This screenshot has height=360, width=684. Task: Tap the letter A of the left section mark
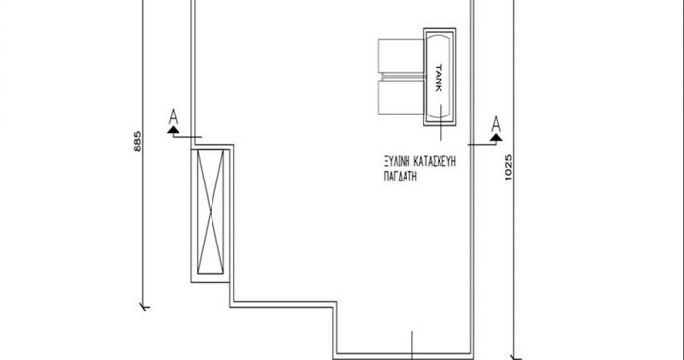point(174,118)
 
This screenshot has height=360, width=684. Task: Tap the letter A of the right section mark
point(496,123)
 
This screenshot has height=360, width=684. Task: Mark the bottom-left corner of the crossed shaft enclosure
point(190,282)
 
